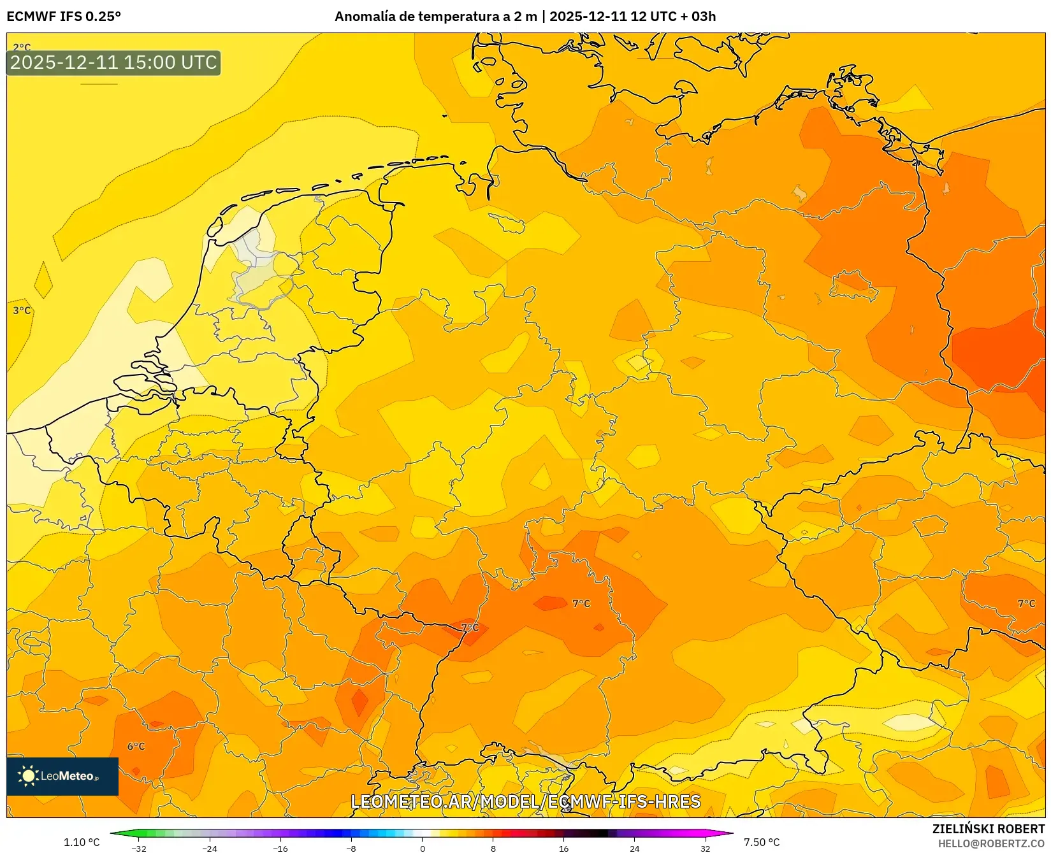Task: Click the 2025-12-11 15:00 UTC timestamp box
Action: click(113, 62)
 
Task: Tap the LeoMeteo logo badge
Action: click(62, 776)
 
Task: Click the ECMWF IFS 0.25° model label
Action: click(64, 17)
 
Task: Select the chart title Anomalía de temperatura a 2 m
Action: click(436, 17)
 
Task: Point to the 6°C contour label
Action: click(136, 746)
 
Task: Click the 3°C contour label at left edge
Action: click(22, 310)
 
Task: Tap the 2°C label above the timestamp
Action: click(22, 47)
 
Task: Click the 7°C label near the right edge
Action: click(1026, 603)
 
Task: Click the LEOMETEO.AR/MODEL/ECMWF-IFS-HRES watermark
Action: click(526, 801)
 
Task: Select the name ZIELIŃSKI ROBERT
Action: click(989, 829)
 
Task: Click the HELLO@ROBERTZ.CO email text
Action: click(991, 843)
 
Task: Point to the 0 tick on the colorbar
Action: click(422, 848)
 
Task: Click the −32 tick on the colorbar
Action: click(138, 848)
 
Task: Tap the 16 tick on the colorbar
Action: click(563, 848)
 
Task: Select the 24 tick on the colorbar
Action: click(634, 848)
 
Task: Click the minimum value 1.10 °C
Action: click(82, 842)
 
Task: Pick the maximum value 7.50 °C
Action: click(762, 842)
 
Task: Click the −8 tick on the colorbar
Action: click(351, 848)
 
